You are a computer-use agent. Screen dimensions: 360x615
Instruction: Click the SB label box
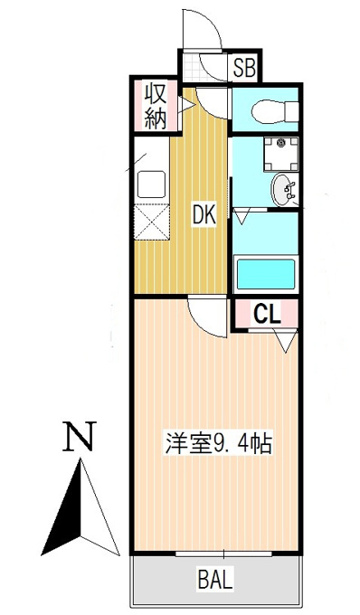tap(244, 68)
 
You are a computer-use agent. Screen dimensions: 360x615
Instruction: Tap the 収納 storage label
tap(156, 106)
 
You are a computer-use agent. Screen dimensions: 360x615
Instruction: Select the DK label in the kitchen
tap(204, 215)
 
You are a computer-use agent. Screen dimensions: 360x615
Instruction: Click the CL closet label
tap(267, 314)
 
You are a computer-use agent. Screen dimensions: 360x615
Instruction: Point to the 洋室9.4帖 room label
tap(218, 443)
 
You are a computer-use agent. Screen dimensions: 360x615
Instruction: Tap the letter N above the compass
tap(80, 436)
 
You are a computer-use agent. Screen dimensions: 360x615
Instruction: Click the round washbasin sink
tap(283, 190)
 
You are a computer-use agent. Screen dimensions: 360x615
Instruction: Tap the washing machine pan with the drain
tap(280, 154)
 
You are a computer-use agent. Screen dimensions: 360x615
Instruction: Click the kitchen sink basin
tap(151, 184)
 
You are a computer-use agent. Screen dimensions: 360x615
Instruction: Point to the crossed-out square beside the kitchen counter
tap(152, 222)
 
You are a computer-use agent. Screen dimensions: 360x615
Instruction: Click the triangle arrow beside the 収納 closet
tap(186, 105)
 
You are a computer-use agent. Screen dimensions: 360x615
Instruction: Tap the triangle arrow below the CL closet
tap(286, 341)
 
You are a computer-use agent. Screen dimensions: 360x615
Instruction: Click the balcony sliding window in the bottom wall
tap(223, 554)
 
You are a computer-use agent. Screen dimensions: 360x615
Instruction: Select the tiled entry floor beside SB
tap(192, 67)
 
